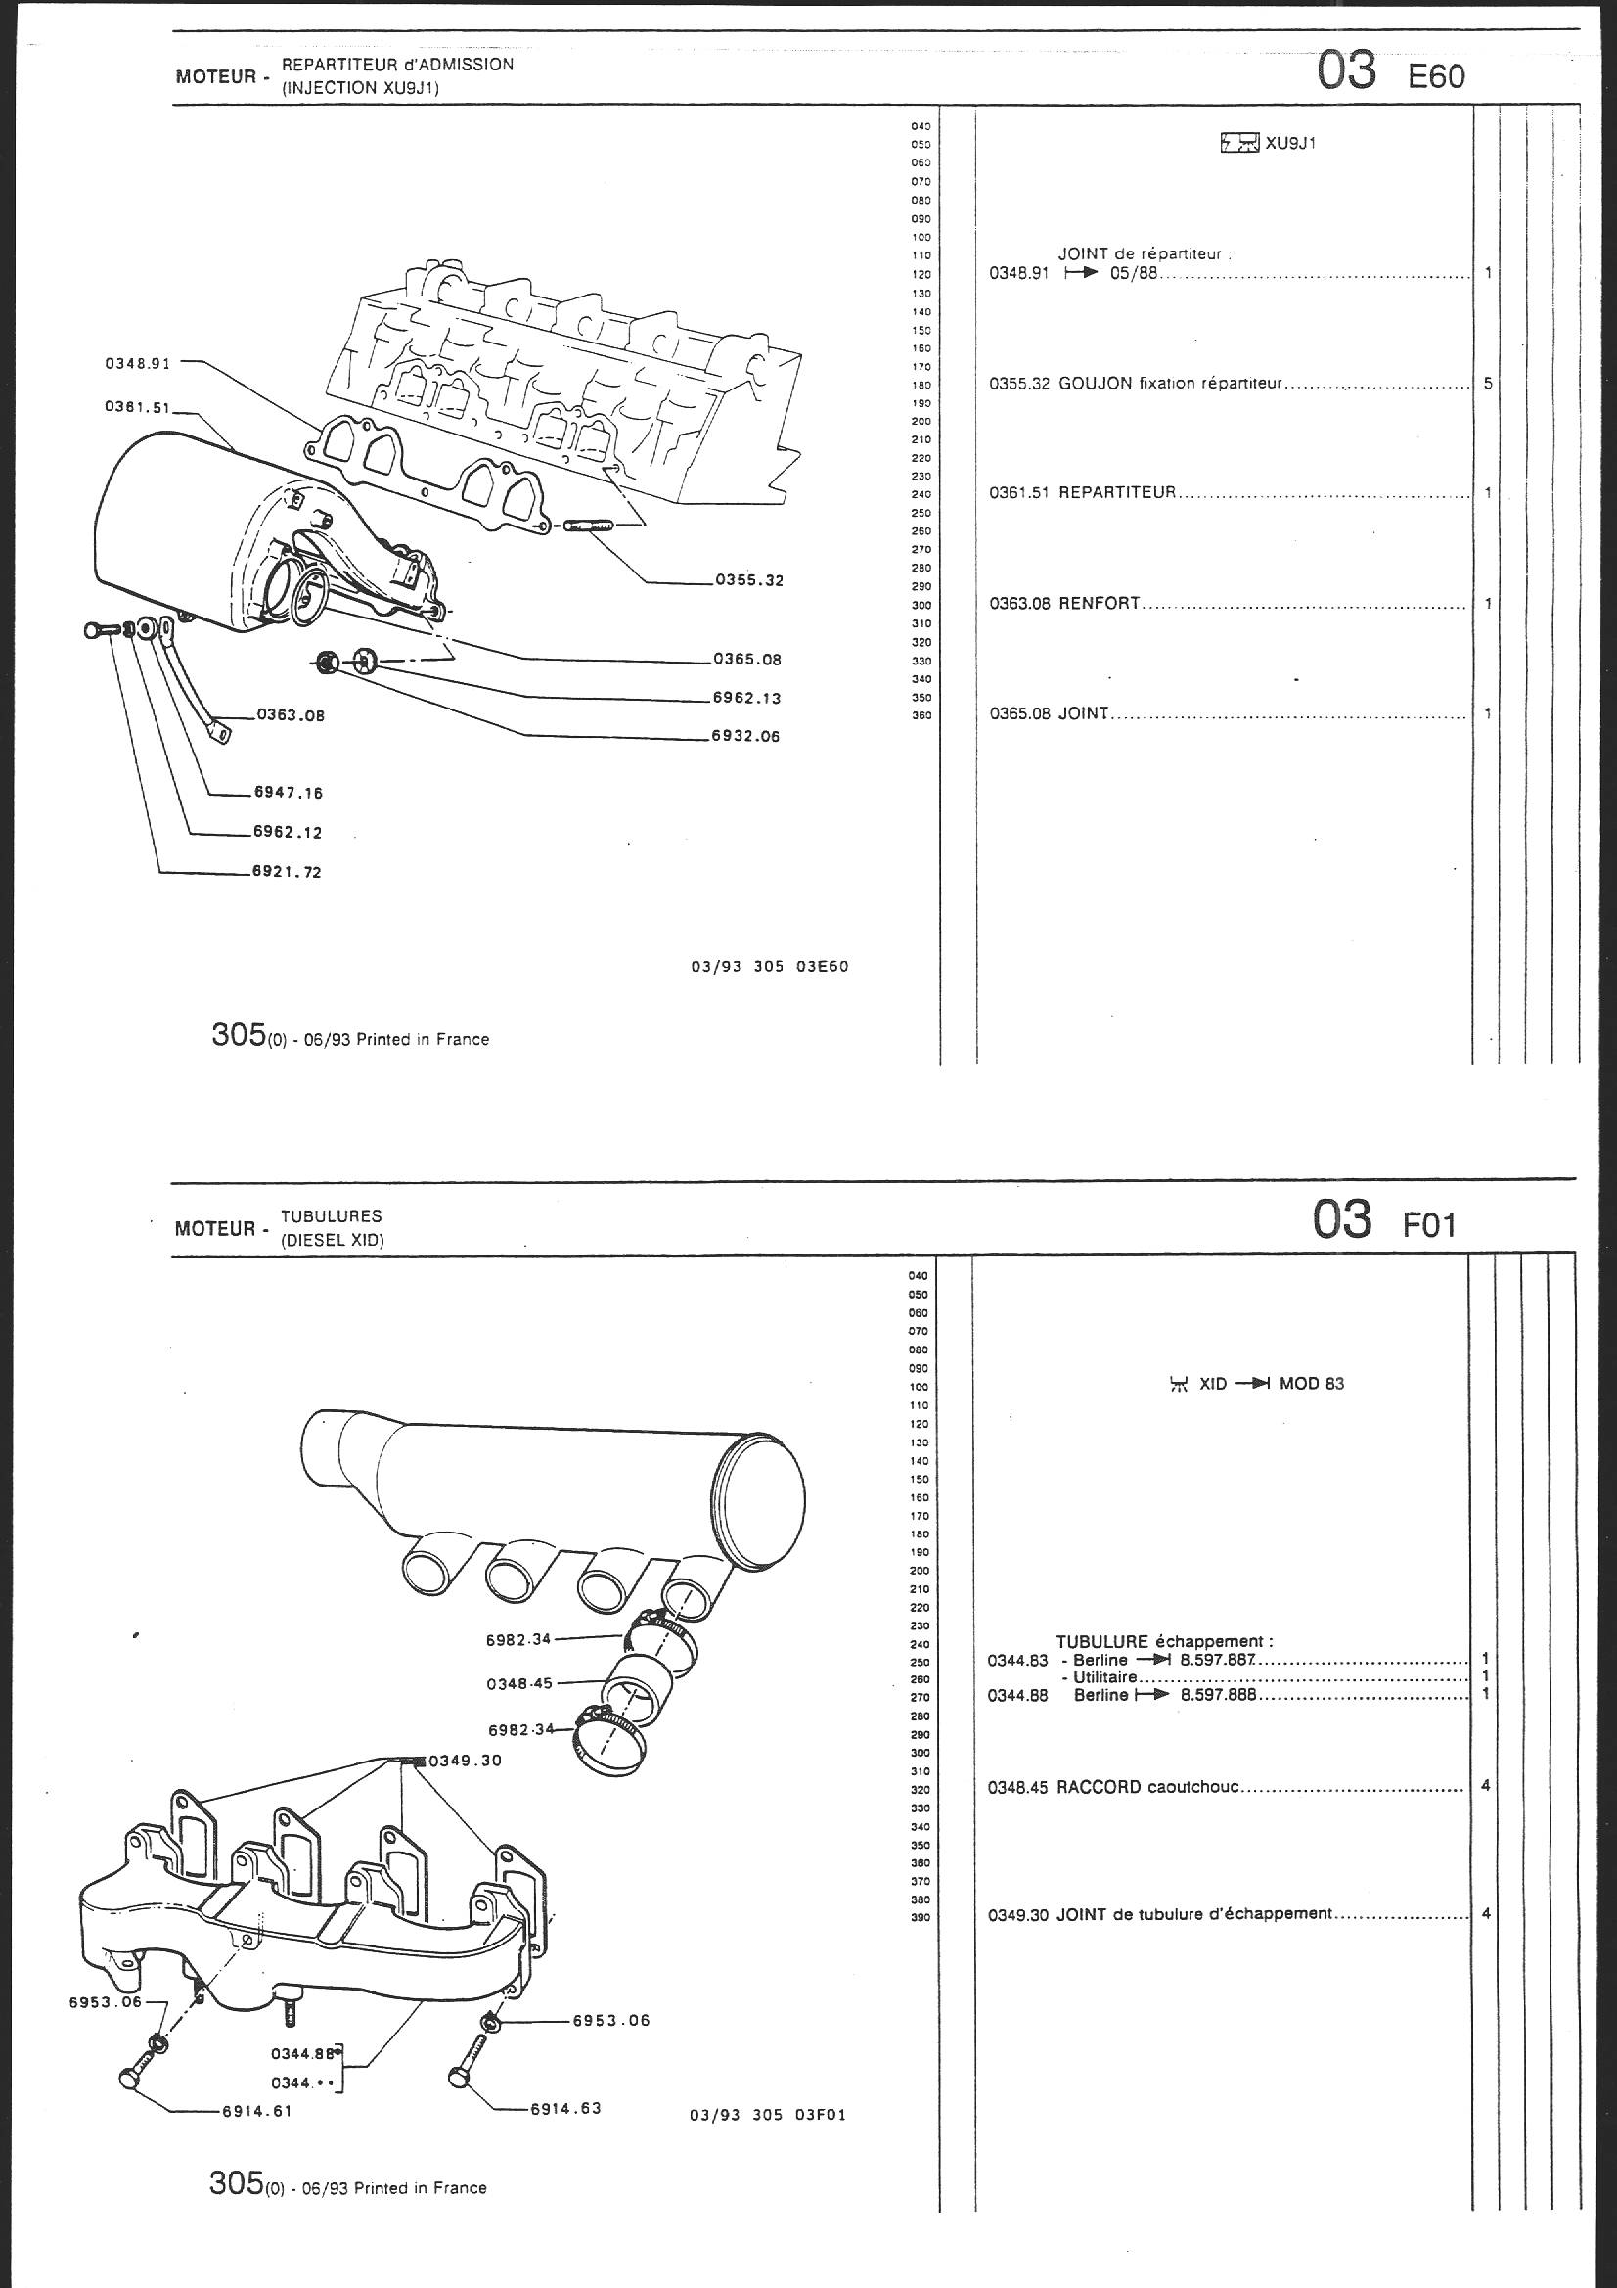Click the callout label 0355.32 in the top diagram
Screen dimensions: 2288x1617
click(749, 580)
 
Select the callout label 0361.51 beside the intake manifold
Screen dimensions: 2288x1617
click(138, 406)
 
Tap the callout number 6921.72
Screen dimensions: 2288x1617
click(288, 872)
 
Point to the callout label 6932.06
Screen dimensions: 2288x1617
click(745, 737)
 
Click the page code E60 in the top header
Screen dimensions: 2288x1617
click(1436, 76)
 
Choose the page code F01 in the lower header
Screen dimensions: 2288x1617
click(1430, 1224)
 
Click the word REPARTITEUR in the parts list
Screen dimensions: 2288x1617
click(1117, 493)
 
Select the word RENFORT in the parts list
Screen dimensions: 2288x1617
click(1099, 604)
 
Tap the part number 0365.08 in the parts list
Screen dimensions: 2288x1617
click(1019, 714)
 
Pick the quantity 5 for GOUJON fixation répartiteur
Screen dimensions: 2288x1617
click(1488, 383)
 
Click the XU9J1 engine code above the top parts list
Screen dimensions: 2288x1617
click(1291, 144)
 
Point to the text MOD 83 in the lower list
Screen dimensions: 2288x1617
click(1311, 1383)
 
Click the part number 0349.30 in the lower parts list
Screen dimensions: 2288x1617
click(1017, 1914)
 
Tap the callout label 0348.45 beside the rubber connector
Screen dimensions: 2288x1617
click(519, 1683)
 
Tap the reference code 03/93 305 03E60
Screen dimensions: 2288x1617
click(769, 966)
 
